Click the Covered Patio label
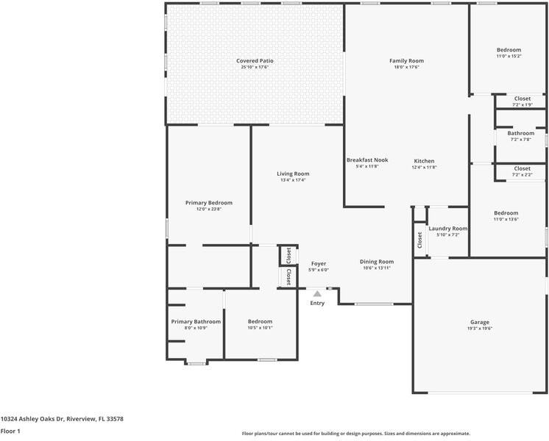click(x=254, y=60)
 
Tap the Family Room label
click(x=406, y=60)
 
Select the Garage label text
click(x=480, y=322)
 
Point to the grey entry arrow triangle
click(x=317, y=294)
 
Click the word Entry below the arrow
click(x=317, y=303)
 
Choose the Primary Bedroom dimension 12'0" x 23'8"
click(x=209, y=209)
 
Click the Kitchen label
click(x=424, y=161)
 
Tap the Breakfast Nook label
click(x=367, y=159)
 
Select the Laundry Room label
click(x=448, y=229)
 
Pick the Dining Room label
click(x=377, y=262)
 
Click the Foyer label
click(x=319, y=263)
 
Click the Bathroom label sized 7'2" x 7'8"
click(x=521, y=133)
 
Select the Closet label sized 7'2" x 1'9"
click(x=522, y=98)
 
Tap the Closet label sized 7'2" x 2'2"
click(x=522, y=168)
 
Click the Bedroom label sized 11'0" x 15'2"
click(x=509, y=50)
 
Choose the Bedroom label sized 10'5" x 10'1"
click(x=260, y=321)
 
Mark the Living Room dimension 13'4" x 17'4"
click(x=293, y=180)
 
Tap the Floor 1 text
click(x=10, y=431)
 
